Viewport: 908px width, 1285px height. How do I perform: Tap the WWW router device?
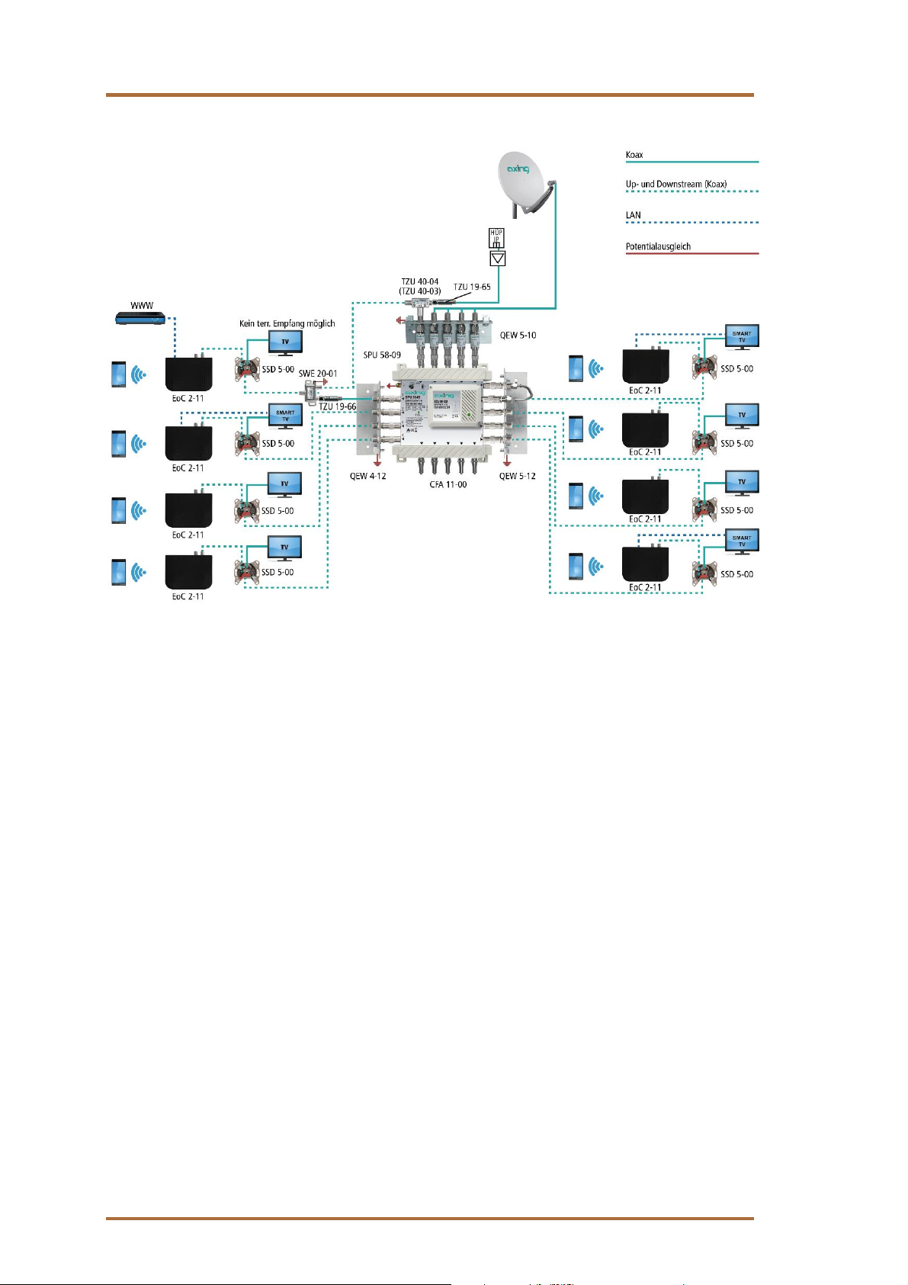[140, 319]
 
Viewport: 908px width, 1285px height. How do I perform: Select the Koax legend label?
[634, 155]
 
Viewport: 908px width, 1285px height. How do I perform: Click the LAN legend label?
[634, 215]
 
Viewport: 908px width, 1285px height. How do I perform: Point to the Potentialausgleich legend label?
[658, 246]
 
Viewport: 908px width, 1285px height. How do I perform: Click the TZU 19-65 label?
[472, 288]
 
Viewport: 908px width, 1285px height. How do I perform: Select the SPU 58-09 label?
[382, 355]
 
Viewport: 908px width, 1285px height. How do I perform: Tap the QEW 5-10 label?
[518, 336]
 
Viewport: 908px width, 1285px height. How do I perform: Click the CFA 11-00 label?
[448, 484]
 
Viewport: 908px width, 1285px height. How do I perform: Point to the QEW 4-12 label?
[367, 476]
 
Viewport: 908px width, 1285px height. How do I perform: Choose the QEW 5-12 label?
[517, 476]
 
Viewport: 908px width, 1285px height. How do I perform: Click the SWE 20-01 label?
[317, 374]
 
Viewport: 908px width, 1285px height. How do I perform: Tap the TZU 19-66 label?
[337, 406]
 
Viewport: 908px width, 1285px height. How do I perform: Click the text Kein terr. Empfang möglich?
[287, 323]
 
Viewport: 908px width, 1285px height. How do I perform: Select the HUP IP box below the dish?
[496, 238]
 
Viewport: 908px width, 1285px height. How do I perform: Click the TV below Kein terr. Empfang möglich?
[285, 342]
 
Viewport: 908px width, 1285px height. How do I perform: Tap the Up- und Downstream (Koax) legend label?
[676, 184]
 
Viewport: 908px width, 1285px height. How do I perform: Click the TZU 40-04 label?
[420, 281]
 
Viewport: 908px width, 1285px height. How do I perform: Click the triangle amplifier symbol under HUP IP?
[497, 259]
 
